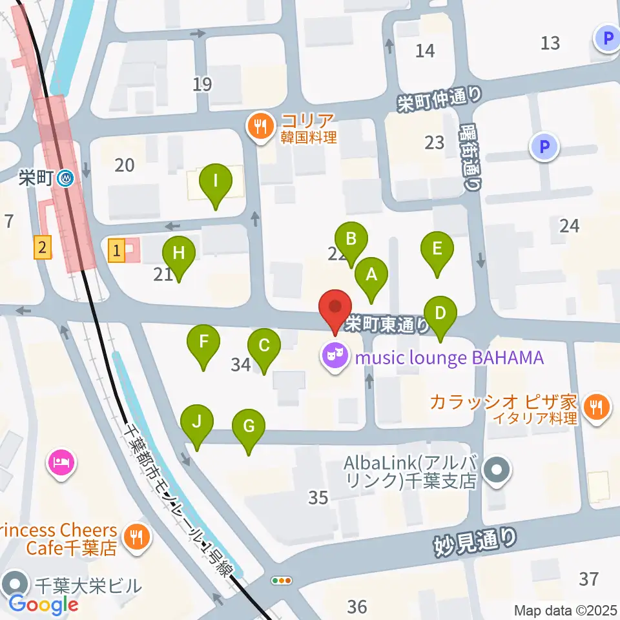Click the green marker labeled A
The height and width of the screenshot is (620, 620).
(371, 274)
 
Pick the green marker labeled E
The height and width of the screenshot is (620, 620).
(437, 249)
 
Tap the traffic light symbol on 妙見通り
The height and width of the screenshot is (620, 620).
(282, 581)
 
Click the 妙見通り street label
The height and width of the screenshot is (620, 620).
(475, 541)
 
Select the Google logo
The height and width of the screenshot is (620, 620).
(43, 604)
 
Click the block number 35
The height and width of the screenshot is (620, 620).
(318, 497)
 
